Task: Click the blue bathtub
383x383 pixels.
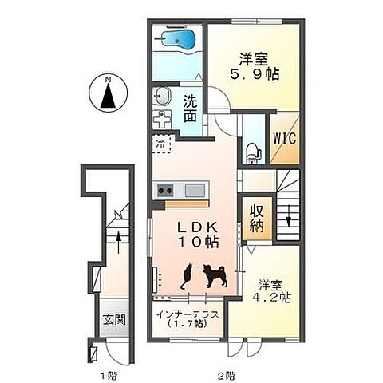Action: pyautogui.click(x=180, y=41)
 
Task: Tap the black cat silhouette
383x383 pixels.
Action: pyautogui.click(x=187, y=276)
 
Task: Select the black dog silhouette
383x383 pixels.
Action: pyautogui.click(x=215, y=275)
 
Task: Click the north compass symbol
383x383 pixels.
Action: pyautogui.click(x=108, y=93)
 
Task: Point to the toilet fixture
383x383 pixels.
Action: pyautogui.click(x=253, y=153)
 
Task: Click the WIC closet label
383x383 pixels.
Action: pyautogui.click(x=285, y=138)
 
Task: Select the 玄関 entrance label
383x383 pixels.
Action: pyautogui.click(x=114, y=320)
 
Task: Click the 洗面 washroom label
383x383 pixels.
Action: pyautogui.click(x=191, y=109)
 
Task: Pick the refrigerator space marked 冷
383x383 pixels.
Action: pyautogui.click(x=163, y=144)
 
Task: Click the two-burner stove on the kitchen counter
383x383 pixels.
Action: pyautogui.click(x=165, y=190)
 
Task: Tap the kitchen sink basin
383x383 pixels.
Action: pyautogui.click(x=195, y=191)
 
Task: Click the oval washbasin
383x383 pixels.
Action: pyautogui.click(x=162, y=96)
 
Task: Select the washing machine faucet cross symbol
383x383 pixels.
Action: pyautogui.click(x=162, y=120)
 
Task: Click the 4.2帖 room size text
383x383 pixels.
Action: pyautogui.click(x=271, y=297)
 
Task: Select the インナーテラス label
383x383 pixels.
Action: pyautogui.click(x=188, y=315)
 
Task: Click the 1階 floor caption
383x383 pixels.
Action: pyautogui.click(x=109, y=376)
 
